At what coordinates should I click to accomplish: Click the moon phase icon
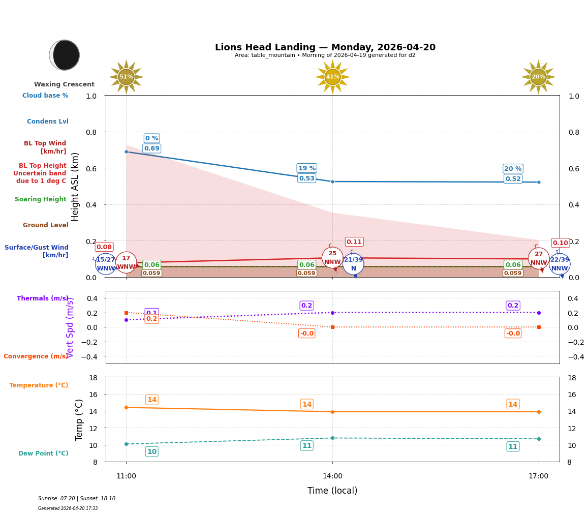(x=65, y=55)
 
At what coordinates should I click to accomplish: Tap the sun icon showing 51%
(x=126, y=77)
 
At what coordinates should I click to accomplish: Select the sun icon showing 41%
(x=332, y=77)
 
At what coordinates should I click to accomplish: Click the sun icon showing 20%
(x=538, y=77)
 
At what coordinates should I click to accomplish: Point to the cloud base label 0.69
(x=151, y=148)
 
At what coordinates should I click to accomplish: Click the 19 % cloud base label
(x=306, y=168)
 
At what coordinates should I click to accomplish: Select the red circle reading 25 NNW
(x=332, y=258)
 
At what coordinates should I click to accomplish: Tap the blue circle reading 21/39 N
(x=353, y=264)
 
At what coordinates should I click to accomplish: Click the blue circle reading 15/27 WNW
(x=106, y=264)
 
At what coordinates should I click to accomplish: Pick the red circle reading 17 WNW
(x=126, y=262)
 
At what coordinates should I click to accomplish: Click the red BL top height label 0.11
(x=354, y=242)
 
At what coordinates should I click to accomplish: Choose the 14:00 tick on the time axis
(x=332, y=476)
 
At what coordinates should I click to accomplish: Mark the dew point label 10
(x=151, y=451)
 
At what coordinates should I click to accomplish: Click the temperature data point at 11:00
(x=126, y=407)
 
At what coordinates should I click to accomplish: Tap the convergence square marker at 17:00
(x=539, y=327)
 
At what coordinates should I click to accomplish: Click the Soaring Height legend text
(x=41, y=199)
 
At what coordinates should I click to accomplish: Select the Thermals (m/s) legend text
(x=43, y=298)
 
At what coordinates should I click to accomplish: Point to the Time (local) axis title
(x=332, y=491)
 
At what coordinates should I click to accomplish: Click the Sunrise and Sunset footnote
(x=77, y=499)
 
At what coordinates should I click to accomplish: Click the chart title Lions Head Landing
(x=325, y=47)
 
